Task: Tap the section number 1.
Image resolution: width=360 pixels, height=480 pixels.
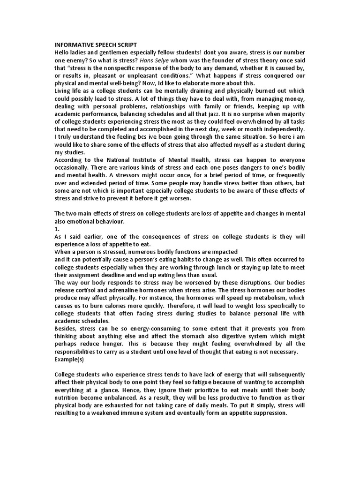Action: click(58, 229)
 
